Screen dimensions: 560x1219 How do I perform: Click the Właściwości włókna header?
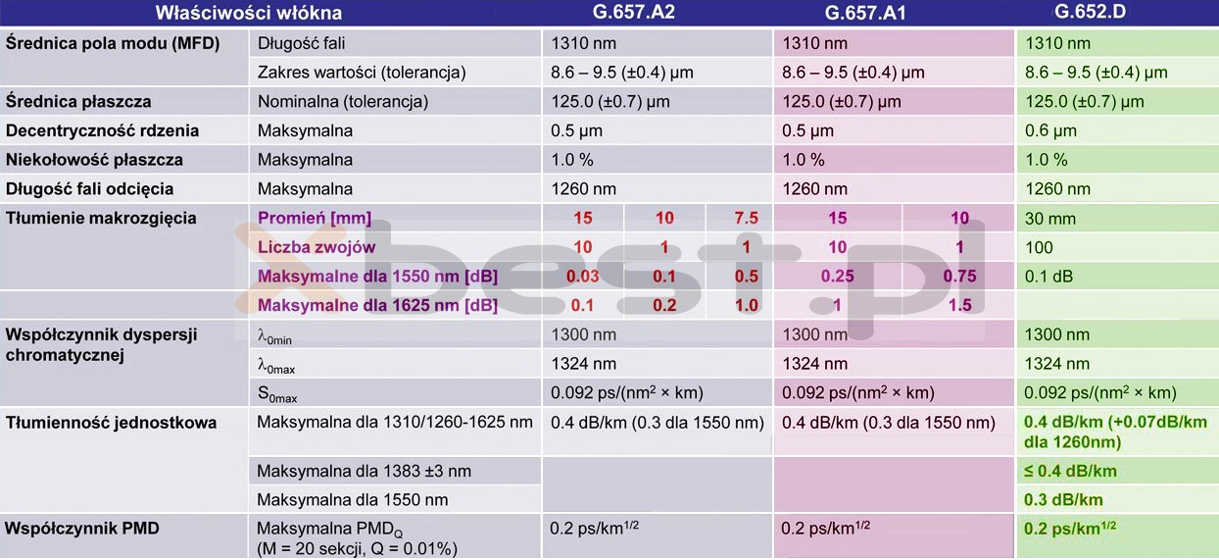point(249,14)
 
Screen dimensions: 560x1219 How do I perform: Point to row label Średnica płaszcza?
point(78,101)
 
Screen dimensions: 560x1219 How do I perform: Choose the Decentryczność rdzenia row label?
point(102,130)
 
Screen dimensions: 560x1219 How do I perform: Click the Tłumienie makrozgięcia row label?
point(101,218)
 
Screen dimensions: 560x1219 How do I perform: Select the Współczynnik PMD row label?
point(82,529)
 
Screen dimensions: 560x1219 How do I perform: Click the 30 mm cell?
point(1050,218)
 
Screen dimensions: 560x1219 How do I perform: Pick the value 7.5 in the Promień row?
point(747,218)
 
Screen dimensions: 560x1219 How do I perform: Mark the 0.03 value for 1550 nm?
point(583,277)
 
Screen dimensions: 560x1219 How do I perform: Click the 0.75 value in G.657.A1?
point(959,277)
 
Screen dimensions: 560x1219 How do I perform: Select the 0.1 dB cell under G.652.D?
point(1049,277)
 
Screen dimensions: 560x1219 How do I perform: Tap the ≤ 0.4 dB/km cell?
point(1070,471)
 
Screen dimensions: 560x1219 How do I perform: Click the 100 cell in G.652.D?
point(1039,247)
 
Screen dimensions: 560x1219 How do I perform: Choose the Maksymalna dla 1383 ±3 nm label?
point(364,471)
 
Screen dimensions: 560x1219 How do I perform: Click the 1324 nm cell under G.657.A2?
point(584,364)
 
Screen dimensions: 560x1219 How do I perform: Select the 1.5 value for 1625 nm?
point(959,305)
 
